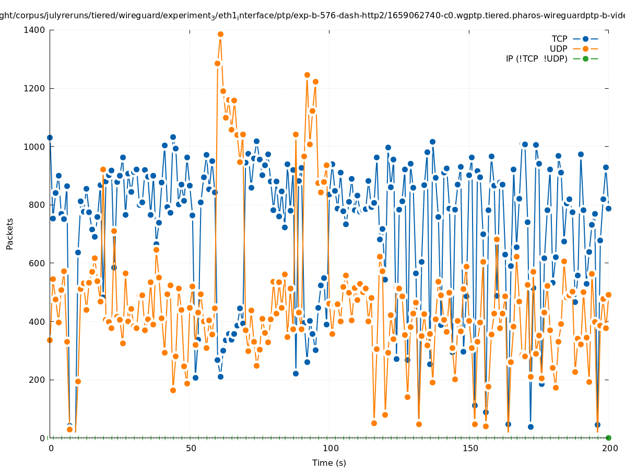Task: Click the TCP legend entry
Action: pyautogui.click(x=559, y=39)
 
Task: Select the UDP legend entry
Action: pyautogui.click(x=558, y=49)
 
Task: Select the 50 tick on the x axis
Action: pyautogui.click(x=191, y=448)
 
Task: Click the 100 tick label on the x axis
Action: pyautogui.click(x=330, y=448)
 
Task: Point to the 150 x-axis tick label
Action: pyautogui.click(x=470, y=448)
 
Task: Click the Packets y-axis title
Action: pyautogui.click(x=10, y=233)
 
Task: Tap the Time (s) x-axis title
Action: pyautogui.click(x=329, y=463)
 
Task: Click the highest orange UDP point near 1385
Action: pyautogui.click(x=220, y=34)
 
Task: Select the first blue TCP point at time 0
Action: pyautogui.click(x=50, y=138)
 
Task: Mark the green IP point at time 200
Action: pyautogui.click(x=608, y=438)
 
